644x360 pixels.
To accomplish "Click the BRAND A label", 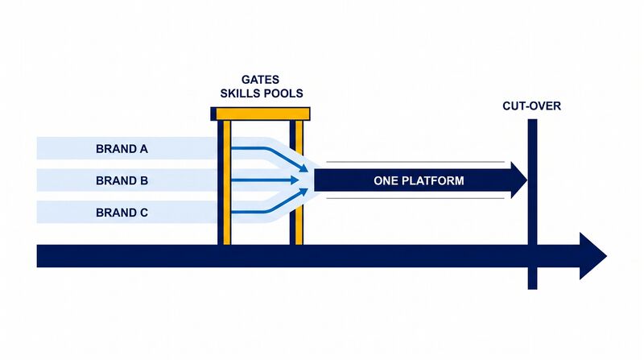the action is click(x=122, y=149).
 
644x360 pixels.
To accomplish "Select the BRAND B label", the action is click(x=122, y=181).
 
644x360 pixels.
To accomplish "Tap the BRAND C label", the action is click(x=122, y=213).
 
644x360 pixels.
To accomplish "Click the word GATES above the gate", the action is click(x=260, y=80).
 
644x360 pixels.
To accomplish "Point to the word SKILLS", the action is click(x=240, y=93).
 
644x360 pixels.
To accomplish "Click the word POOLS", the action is click(x=283, y=93).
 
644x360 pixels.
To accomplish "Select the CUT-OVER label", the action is click(x=531, y=106).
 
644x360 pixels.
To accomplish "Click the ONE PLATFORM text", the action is click(x=419, y=181).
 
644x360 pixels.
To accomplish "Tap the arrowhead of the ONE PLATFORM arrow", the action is click(x=518, y=180).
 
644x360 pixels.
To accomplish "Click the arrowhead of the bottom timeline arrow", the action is click(x=592, y=256).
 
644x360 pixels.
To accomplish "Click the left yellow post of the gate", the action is click(x=227, y=183).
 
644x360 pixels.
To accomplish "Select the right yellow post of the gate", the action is click(x=299, y=183).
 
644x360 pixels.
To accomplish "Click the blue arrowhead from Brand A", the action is click(x=303, y=168).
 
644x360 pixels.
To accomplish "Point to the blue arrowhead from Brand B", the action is click(x=295, y=180).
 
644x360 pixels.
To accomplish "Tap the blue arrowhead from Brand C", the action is click(x=303, y=192).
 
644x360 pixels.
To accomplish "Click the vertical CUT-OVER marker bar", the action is click(x=532, y=205).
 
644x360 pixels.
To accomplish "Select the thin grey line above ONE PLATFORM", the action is click(x=415, y=162).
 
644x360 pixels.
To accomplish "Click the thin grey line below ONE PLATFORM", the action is click(x=415, y=198).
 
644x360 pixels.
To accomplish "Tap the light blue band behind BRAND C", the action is click(x=127, y=212).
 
